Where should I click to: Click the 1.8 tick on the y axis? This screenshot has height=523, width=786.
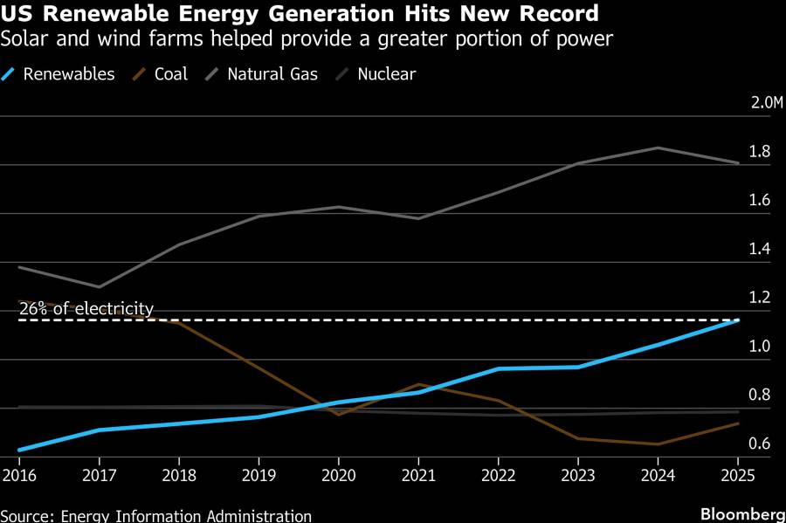coord(759,152)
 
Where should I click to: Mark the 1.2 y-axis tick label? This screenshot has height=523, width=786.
coord(759,298)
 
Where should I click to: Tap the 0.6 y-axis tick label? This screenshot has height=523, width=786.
coord(759,444)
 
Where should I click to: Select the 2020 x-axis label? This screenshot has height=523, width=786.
coord(338,475)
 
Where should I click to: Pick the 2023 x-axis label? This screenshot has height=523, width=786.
coord(578,475)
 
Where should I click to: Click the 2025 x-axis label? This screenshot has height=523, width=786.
coord(738,475)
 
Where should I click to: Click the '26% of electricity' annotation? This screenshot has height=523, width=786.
coord(86,308)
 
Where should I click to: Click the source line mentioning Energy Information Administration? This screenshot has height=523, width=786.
coord(155,515)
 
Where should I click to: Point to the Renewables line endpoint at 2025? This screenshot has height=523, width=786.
coord(738,320)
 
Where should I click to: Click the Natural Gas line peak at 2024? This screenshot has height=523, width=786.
coord(658,148)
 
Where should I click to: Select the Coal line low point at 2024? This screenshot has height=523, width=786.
coord(658,444)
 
